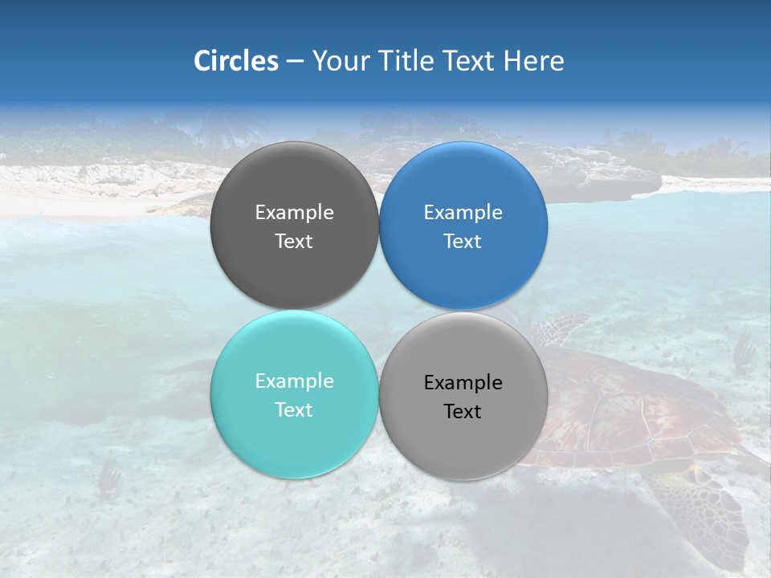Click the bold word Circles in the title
pos(236,61)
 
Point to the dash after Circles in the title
pos(295,61)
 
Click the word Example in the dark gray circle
pos(294,213)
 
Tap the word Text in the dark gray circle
pos(294,242)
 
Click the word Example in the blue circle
pos(463,213)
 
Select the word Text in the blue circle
pos(463,242)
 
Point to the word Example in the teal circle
pos(294,381)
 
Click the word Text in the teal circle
pos(294,410)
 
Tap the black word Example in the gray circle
pos(463,383)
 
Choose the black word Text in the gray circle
pos(463,412)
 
